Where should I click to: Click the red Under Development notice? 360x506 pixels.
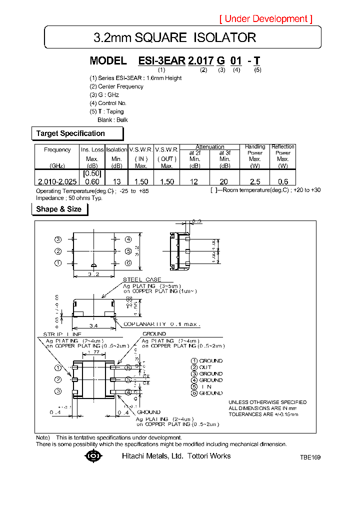tap(266, 19)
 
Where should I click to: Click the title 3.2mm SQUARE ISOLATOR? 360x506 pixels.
tap(175, 37)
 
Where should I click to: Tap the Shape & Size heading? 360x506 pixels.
tap(59, 209)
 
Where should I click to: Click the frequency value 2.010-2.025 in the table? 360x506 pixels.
tap(57, 181)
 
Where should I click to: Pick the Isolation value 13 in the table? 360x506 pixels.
tap(116, 181)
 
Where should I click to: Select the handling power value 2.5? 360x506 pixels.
tap(255, 181)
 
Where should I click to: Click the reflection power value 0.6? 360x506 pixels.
tap(282, 181)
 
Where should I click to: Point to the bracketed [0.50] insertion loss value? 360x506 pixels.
tap(92, 173)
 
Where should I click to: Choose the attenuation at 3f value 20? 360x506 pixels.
tap(224, 181)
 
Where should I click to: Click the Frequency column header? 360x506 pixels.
tap(57, 149)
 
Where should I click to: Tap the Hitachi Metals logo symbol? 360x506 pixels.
tap(93, 456)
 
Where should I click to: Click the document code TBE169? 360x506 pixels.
tap(310, 457)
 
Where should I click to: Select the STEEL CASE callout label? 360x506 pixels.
tap(142, 279)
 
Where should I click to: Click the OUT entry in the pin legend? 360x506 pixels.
tap(205, 367)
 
